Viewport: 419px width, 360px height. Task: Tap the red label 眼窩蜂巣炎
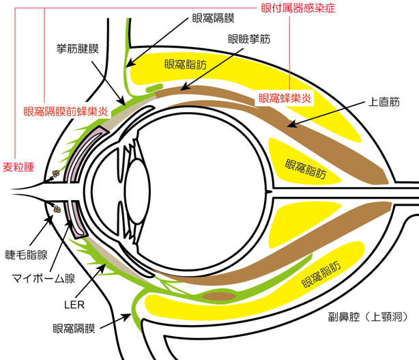point(285,98)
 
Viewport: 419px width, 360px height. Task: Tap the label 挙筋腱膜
point(78,49)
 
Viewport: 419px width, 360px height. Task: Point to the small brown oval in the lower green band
point(220,296)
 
